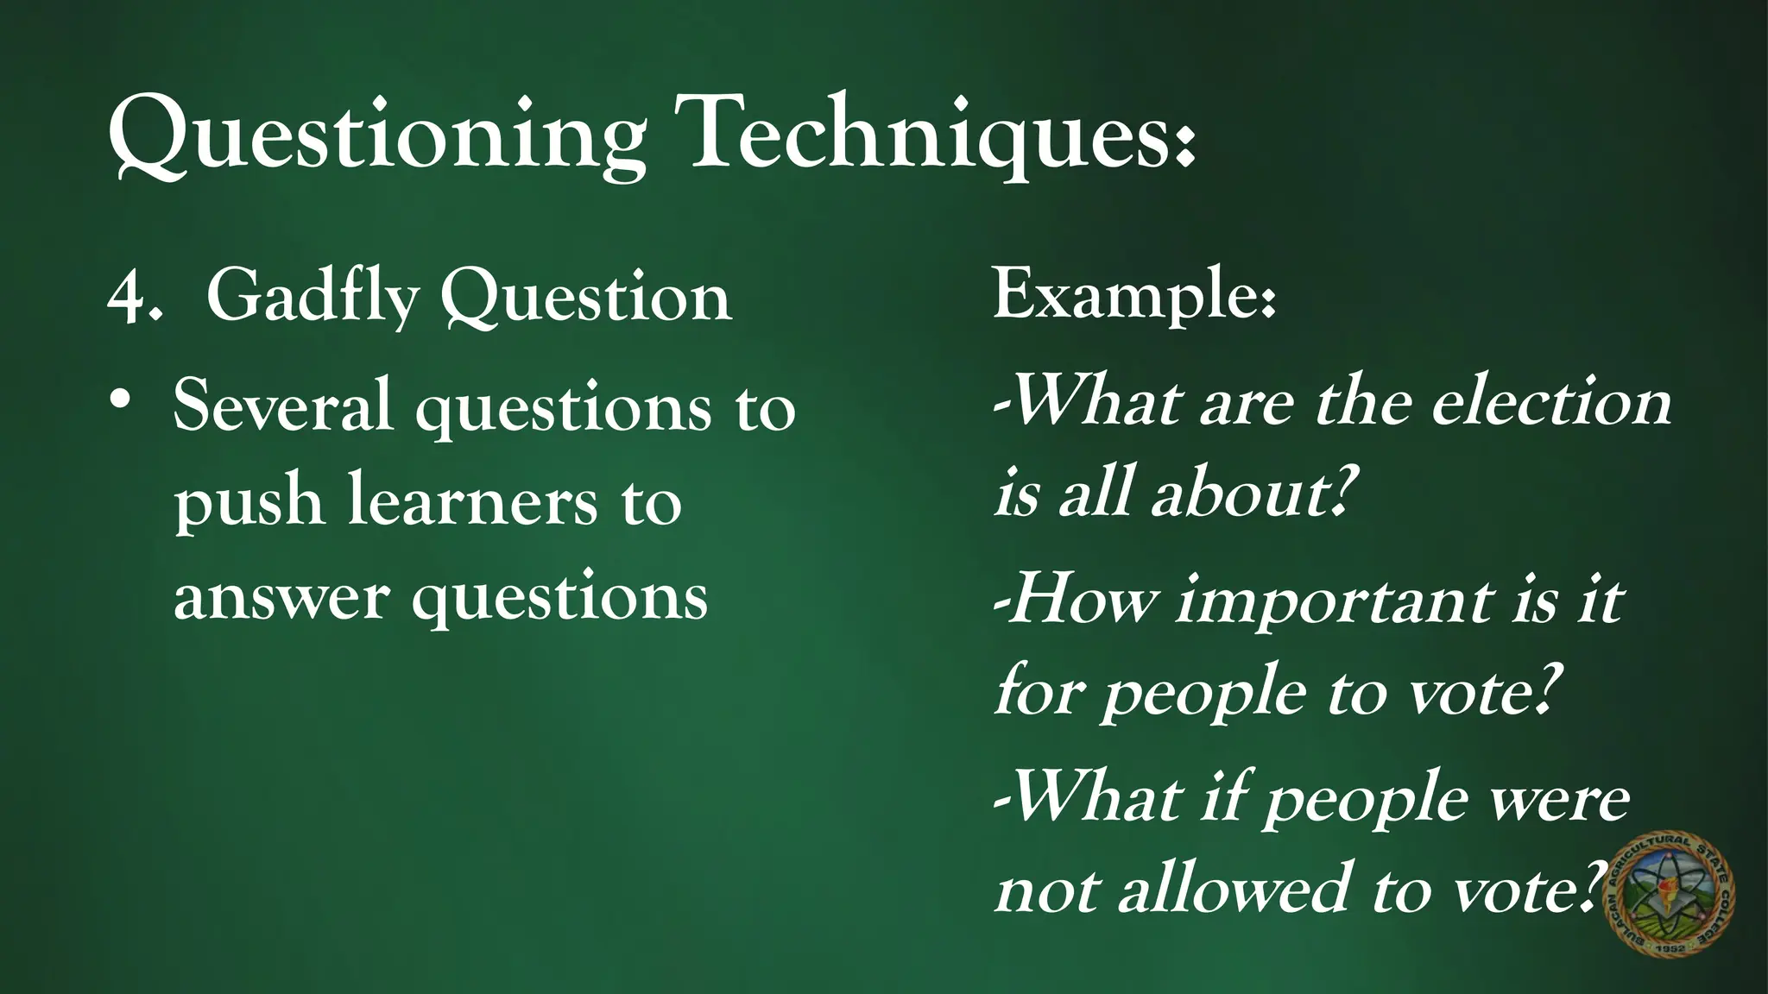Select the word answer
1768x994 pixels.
point(281,597)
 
